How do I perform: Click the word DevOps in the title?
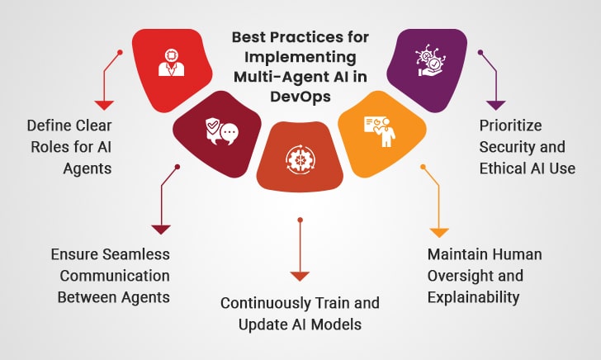point(300,97)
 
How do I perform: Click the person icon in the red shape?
point(172,63)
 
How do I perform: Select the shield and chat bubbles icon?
point(222,131)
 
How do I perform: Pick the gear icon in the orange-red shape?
point(300,159)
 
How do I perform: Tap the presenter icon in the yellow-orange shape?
point(380,131)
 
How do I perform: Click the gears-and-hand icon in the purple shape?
point(430,60)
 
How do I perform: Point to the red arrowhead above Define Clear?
point(104,105)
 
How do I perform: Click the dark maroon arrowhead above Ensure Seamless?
point(161,230)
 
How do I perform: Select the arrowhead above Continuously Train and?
point(300,277)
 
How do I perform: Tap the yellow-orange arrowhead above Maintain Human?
point(439,233)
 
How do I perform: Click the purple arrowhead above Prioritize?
point(496,105)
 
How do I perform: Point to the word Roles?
point(50,147)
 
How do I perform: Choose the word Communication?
point(115,276)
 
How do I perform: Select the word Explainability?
point(473,297)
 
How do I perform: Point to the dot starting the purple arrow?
point(480,52)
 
